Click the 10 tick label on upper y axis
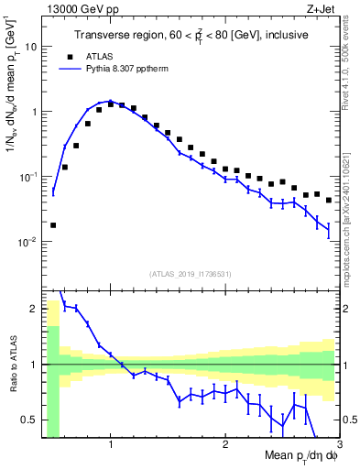tap(31, 46)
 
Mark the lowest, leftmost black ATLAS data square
tap(53, 224)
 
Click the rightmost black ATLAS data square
tap(329, 200)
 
